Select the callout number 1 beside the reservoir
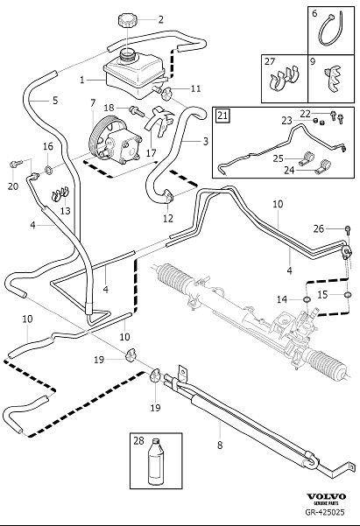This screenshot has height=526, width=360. (82, 80)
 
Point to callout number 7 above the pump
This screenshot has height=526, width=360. (93, 103)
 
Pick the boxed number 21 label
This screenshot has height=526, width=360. (222, 115)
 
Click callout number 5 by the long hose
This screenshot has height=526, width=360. (54, 101)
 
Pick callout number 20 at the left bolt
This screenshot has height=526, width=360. (11, 185)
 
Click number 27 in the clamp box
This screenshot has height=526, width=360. (270, 62)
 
